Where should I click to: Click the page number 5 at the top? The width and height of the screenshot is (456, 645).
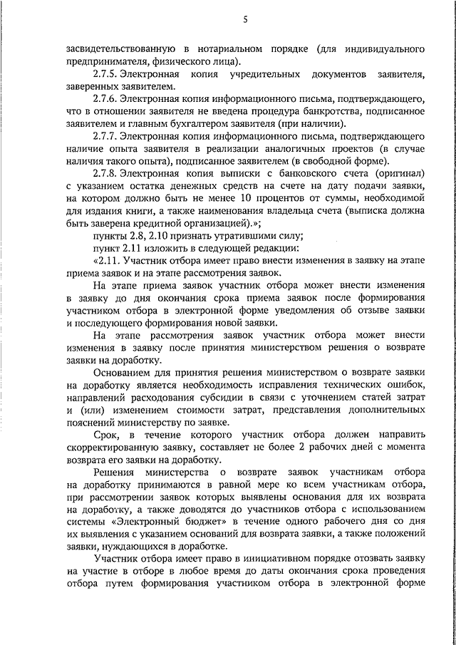(x=244, y=19)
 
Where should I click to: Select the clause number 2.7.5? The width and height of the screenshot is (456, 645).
(x=104, y=75)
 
